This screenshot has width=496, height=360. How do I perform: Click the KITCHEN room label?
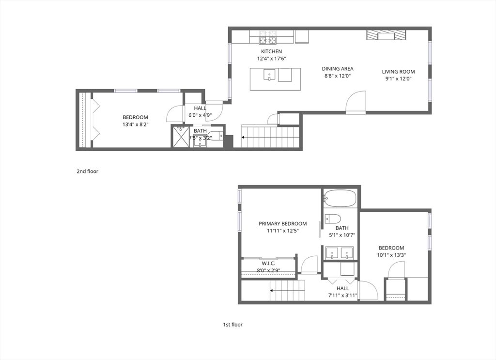click(271, 51)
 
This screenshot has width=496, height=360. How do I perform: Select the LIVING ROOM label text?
click(398, 72)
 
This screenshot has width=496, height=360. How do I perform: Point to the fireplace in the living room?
click(386, 35)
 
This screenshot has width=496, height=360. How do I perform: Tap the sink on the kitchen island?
click(269, 75)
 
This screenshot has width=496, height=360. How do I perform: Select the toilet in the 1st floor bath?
click(333, 219)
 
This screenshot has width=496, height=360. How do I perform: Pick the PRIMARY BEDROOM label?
click(282, 223)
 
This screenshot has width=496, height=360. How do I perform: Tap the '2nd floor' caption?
click(88, 171)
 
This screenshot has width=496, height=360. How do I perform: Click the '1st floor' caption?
click(232, 325)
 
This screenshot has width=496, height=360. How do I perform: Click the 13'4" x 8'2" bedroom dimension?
click(135, 125)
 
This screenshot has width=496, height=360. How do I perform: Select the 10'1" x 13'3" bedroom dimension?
click(391, 255)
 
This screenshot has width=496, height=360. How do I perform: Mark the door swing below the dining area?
click(356, 103)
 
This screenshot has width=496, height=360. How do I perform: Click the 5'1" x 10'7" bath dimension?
click(342, 235)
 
